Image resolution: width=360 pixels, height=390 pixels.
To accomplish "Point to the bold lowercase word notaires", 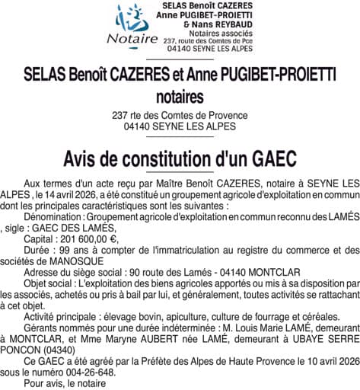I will [x=180, y=97].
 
